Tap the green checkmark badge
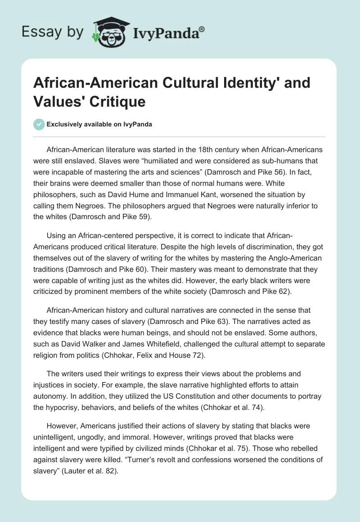tap(40, 125)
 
